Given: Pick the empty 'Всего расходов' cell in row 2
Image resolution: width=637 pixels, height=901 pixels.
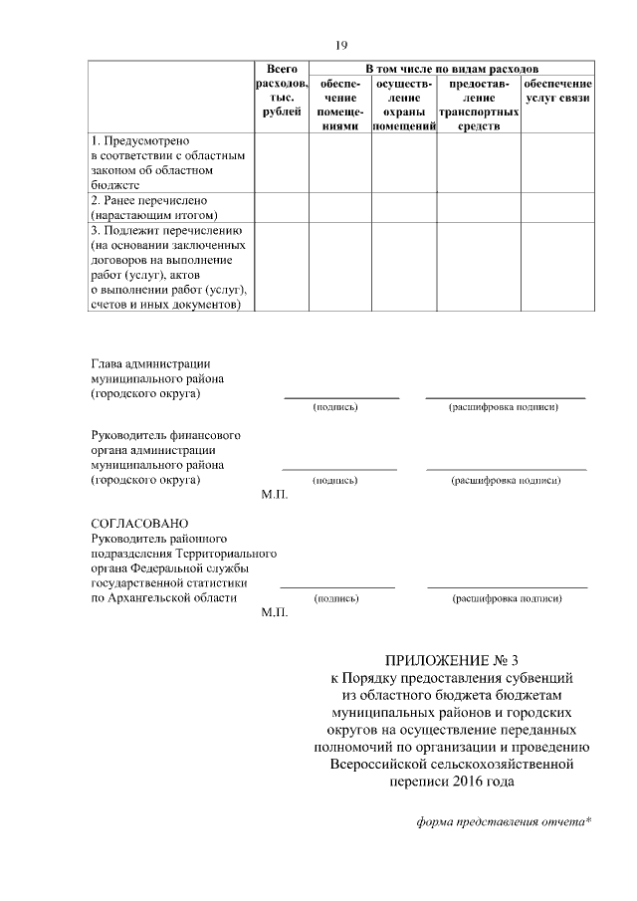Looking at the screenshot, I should (282, 206).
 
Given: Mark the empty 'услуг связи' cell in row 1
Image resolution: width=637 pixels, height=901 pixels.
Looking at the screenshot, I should (557, 163).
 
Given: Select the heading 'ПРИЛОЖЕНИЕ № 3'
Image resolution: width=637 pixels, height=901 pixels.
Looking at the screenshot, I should (452, 659).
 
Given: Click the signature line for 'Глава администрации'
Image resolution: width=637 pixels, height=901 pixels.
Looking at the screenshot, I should (340, 396).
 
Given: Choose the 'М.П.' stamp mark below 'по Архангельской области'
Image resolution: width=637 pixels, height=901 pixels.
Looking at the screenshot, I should (275, 613).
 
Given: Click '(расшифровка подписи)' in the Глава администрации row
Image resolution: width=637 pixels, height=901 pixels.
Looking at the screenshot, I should (506, 407).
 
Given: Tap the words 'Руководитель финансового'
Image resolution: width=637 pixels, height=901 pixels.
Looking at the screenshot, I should (165, 435).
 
